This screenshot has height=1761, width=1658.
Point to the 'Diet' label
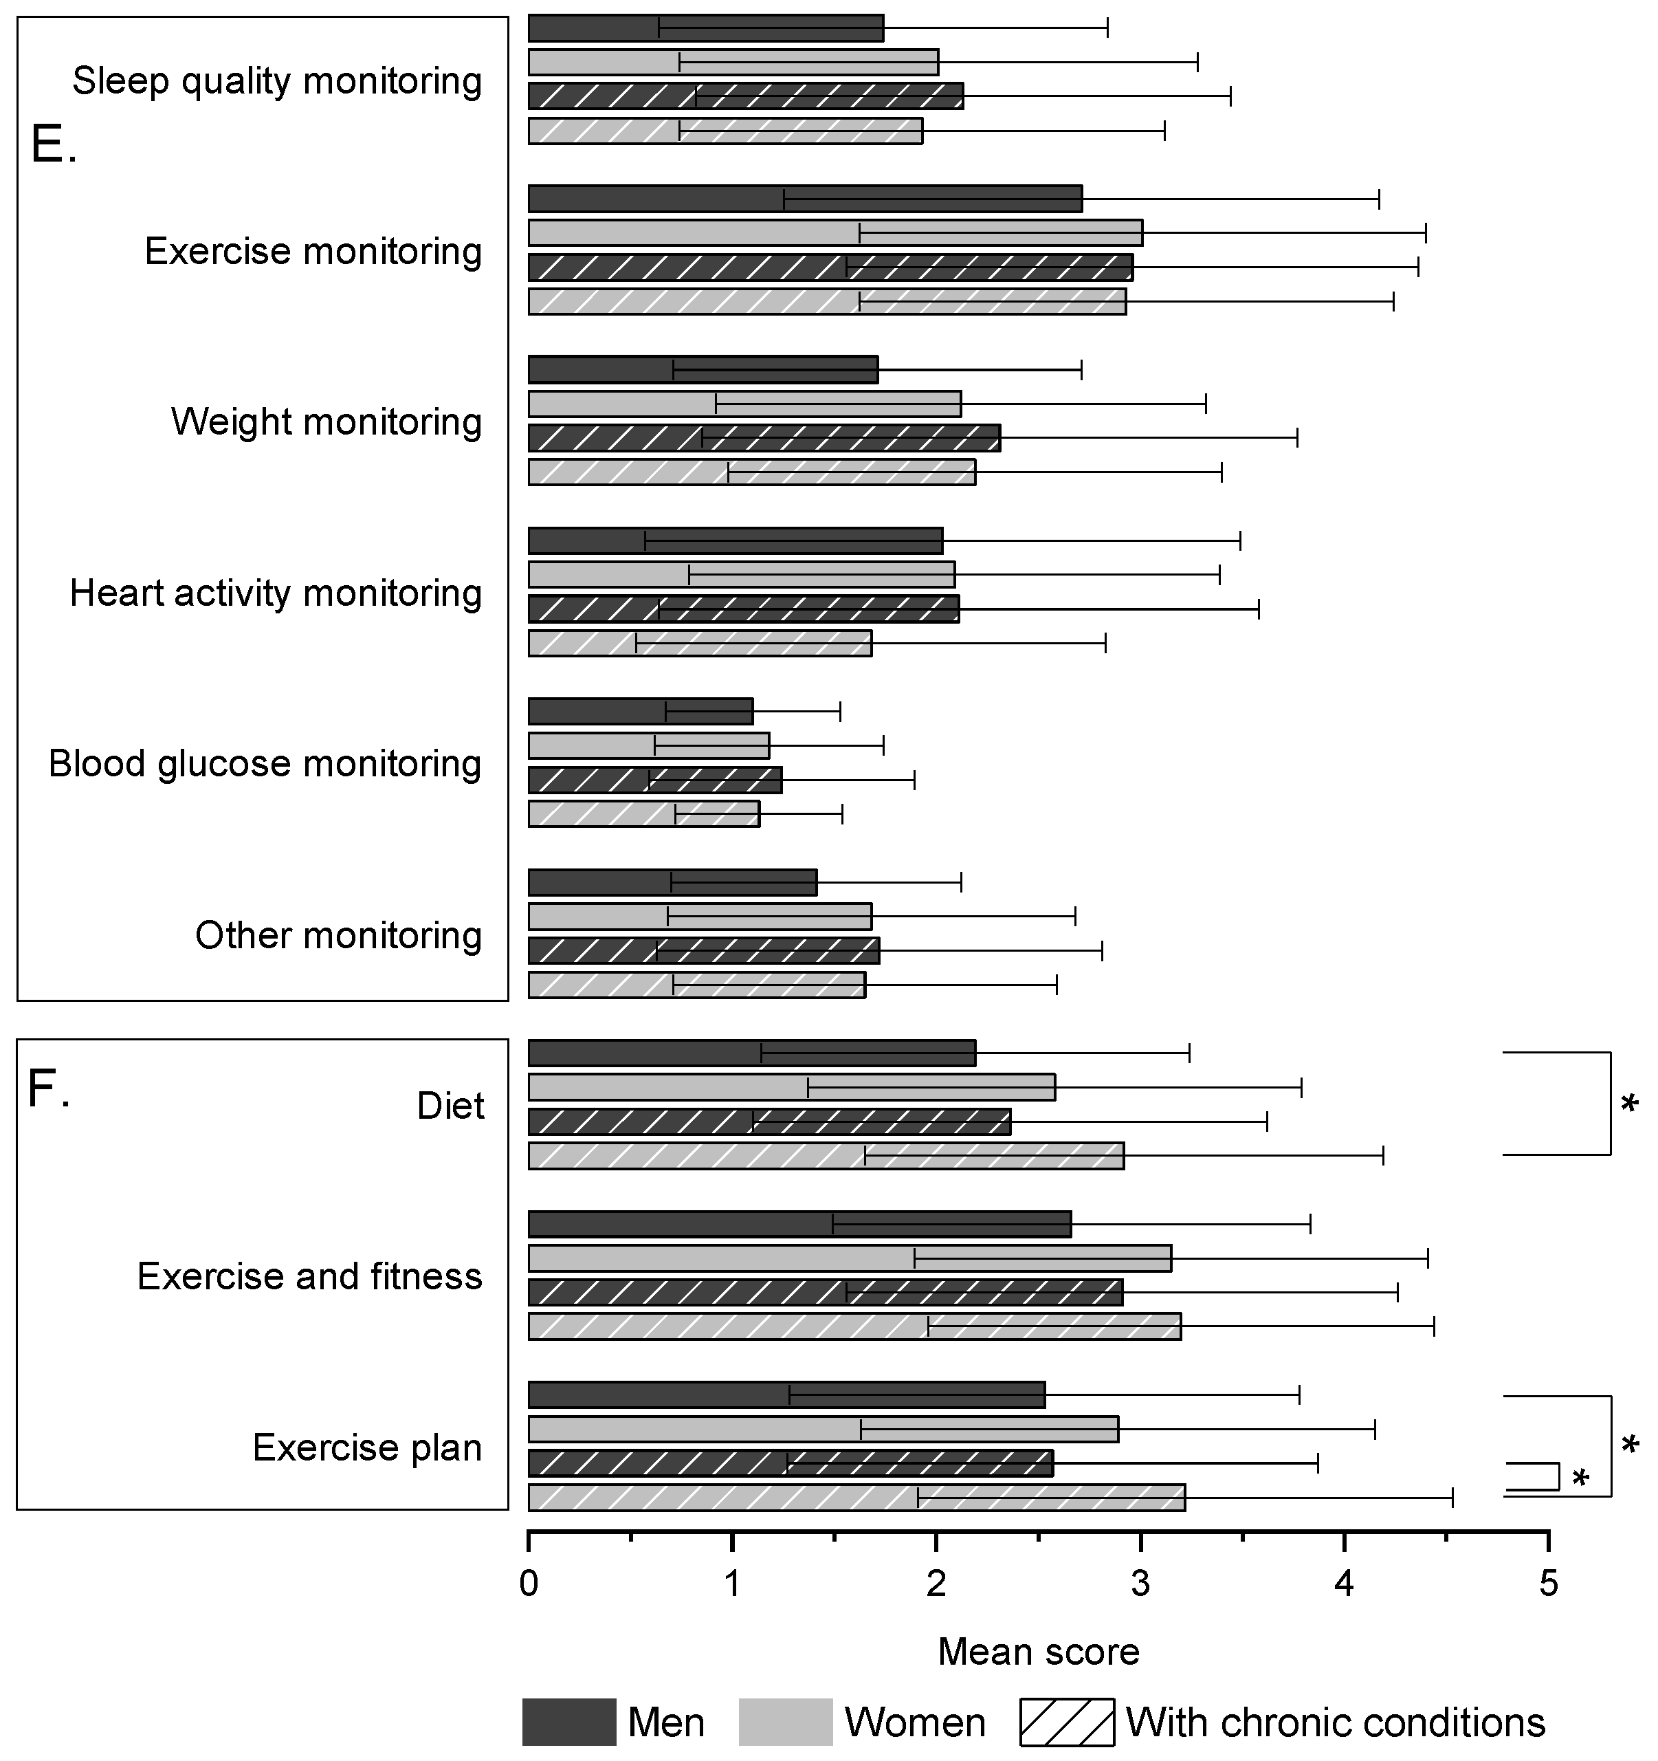point(450,1106)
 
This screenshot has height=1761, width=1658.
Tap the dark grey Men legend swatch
point(568,1722)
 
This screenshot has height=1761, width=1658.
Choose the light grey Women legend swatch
point(786,1722)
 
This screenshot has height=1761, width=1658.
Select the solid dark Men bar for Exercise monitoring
point(804,199)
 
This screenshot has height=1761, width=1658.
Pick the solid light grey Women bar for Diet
point(791,1087)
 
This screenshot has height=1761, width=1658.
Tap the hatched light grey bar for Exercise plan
point(856,1498)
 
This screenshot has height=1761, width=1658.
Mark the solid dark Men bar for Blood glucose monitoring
point(639,711)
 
